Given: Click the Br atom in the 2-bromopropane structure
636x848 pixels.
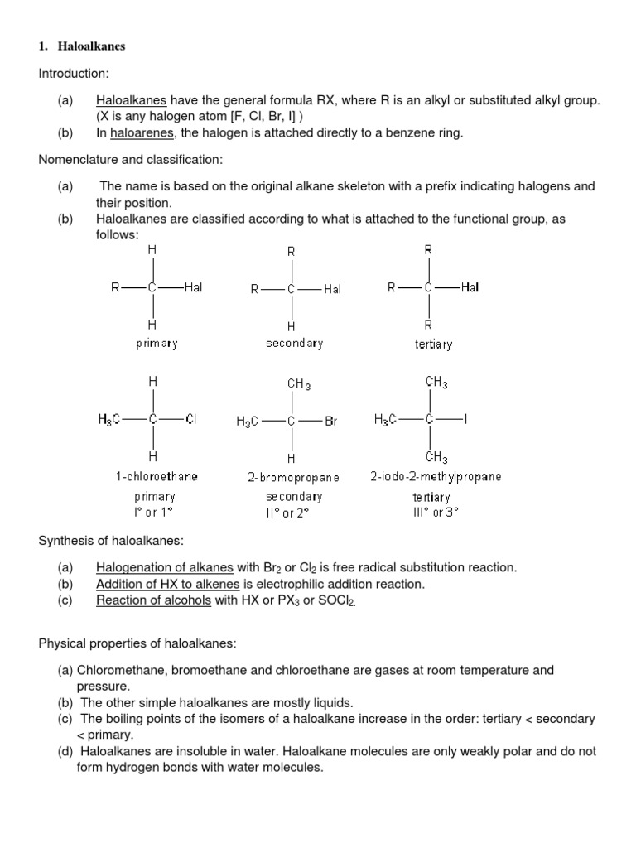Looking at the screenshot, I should point(331,421).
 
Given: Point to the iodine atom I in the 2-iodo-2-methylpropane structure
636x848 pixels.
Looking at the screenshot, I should point(465,419).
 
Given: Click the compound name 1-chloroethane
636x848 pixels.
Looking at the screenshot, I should point(157,477).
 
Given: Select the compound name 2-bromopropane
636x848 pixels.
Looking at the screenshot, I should point(293,478).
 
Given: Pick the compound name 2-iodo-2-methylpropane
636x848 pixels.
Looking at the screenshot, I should point(436,477).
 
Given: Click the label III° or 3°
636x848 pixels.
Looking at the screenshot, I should point(435,512).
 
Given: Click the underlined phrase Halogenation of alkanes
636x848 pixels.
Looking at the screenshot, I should point(165,568).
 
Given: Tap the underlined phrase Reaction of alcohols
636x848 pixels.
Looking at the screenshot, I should point(154,600).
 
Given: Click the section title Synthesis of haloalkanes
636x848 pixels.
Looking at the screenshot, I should point(111,542).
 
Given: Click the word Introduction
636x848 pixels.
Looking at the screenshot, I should point(74,74).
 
